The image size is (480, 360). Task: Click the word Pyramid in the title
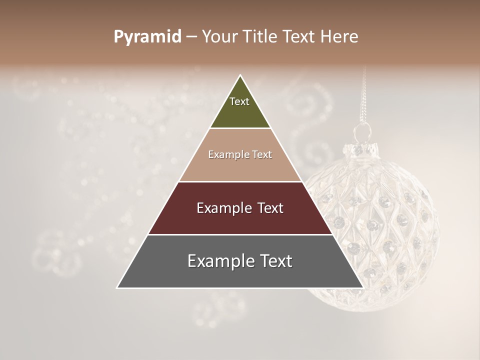147,37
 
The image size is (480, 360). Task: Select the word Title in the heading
260,37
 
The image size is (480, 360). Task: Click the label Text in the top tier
239,101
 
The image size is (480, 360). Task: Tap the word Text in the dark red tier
266,208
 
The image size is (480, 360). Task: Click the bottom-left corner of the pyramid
118,287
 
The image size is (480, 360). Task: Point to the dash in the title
191,37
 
